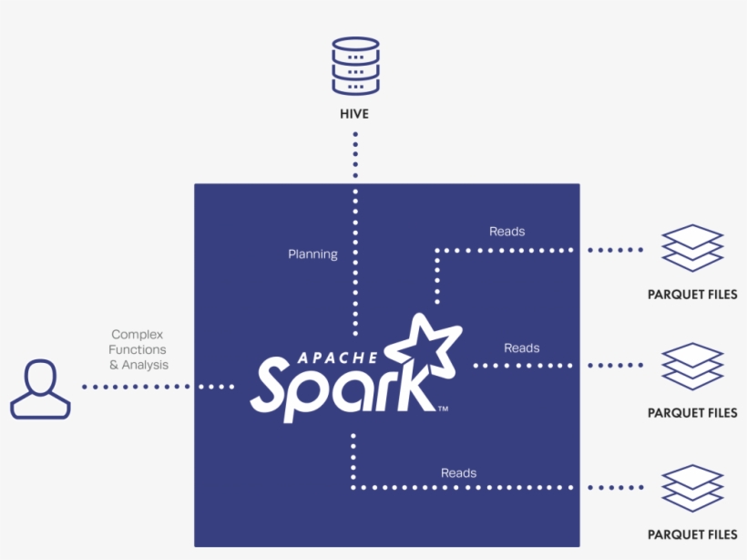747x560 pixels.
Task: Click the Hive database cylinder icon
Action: [x=355, y=66]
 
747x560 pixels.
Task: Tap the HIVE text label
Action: [x=355, y=115]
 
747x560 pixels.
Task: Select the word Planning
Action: [x=312, y=254]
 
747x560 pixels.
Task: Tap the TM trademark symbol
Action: [x=443, y=408]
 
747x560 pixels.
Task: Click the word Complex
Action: [x=138, y=335]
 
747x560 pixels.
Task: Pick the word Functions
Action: [x=138, y=350]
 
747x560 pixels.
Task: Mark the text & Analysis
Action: [x=138, y=365]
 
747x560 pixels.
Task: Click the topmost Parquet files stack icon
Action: [x=692, y=248]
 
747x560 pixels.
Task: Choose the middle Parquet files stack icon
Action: [x=692, y=366]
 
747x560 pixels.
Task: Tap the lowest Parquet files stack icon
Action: [x=692, y=488]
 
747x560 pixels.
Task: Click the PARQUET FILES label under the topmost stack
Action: [x=692, y=295]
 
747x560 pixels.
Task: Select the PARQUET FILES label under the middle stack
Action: [x=692, y=413]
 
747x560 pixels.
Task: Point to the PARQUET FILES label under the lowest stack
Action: [x=692, y=534]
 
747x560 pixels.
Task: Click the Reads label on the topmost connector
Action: [x=507, y=232]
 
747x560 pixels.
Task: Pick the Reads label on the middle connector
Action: [x=521, y=348]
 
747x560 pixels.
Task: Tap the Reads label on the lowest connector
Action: [x=458, y=472]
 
